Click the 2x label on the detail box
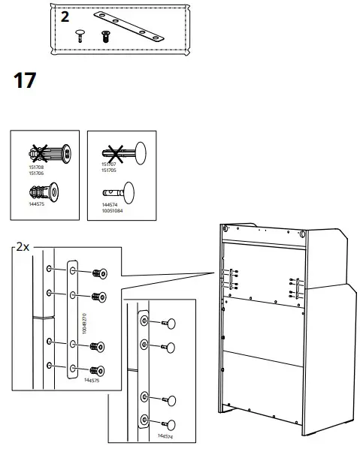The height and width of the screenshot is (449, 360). pyautogui.click(x=23, y=246)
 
